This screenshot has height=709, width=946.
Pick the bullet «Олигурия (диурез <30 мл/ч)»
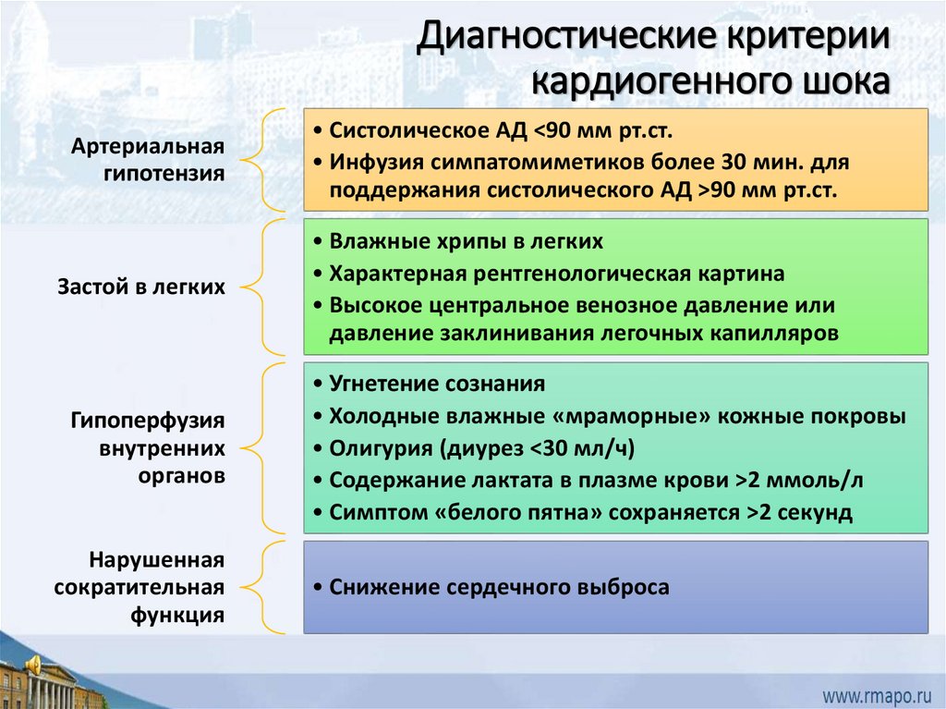482,448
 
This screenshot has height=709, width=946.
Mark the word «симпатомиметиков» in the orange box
523,162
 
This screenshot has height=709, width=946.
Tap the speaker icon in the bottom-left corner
33,664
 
